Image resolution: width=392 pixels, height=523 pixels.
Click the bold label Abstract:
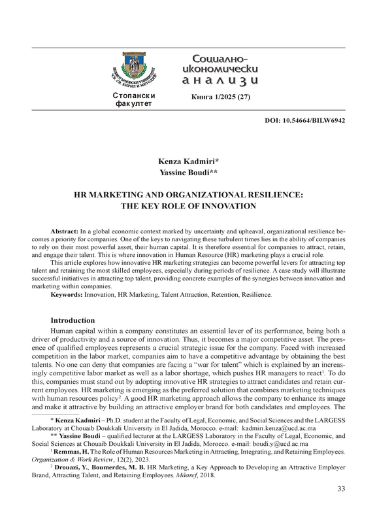(64, 232)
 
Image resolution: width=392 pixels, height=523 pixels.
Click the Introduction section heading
(73, 320)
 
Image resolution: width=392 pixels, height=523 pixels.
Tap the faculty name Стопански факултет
(134, 100)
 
